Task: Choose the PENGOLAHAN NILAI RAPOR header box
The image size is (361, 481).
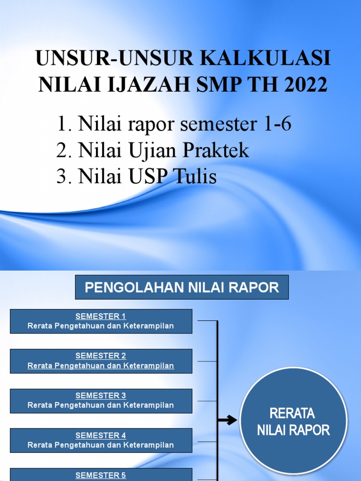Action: [x=182, y=287]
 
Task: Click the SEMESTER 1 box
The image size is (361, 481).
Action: [x=101, y=321]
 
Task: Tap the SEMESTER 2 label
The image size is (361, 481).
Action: [x=101, y=356]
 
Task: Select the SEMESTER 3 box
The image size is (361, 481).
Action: [x=101, y=400]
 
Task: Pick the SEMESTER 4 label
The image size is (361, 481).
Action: [x=101, y=435]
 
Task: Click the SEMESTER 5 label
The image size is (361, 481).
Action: [x=101, y=475]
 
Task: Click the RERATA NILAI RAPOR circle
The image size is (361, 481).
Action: [x=294, y=421]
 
